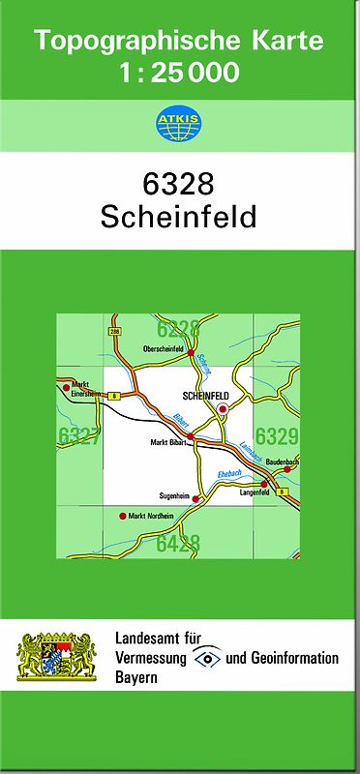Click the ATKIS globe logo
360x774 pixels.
pos(179,123)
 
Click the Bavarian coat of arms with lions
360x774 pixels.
pos(57,656)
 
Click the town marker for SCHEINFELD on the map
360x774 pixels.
pos(223,409)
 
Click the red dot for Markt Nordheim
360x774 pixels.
pos(123,516)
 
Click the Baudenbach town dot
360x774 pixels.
pos(287,469)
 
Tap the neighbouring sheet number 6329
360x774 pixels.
pos(277,436)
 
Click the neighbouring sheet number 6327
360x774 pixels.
pos(77,436)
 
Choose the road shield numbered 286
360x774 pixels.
pos(116,331)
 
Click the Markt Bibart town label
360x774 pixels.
pos(167,442)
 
